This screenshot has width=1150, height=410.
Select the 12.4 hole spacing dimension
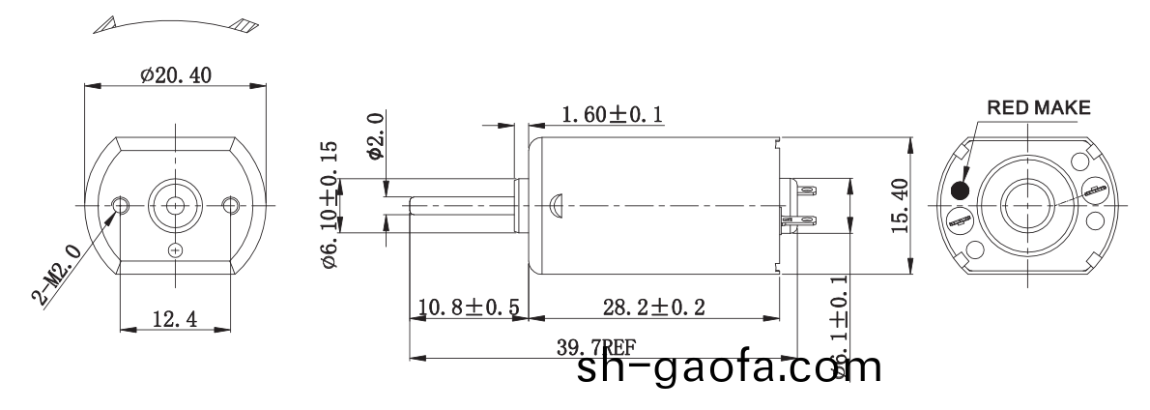(x=175, y=319)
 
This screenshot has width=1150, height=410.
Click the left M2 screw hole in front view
(x=121, y=205)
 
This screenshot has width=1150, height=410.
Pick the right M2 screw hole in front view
(x=230, y=205)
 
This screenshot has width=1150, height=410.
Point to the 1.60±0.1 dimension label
(x=611, y=115)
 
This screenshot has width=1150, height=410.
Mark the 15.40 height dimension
(x=900, y=205)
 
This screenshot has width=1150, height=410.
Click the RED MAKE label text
(x=1037, y=106)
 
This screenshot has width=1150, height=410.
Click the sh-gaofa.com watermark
(x=730, y=369)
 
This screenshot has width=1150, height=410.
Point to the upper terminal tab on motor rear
(x=804, y=190)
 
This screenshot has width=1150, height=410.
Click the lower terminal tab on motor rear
(x=804, y=221)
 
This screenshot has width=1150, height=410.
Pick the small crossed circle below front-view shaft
(x=175, y=251)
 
